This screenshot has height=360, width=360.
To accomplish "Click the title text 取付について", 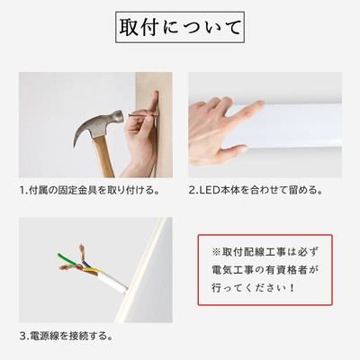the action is coord(180,27).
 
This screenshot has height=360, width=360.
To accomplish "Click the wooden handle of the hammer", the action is coord(103,157).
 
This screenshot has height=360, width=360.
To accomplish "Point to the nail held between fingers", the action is coord(143,114).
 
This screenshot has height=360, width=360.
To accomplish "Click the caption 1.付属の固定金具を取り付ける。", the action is coord(89,191).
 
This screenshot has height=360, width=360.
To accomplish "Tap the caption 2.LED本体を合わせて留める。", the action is coord(256,190).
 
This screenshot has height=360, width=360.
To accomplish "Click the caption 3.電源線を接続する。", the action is coord(66,336).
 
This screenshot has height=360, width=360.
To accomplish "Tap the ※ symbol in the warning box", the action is coord(216,252).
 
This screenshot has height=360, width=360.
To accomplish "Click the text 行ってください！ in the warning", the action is coord(254,288).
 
